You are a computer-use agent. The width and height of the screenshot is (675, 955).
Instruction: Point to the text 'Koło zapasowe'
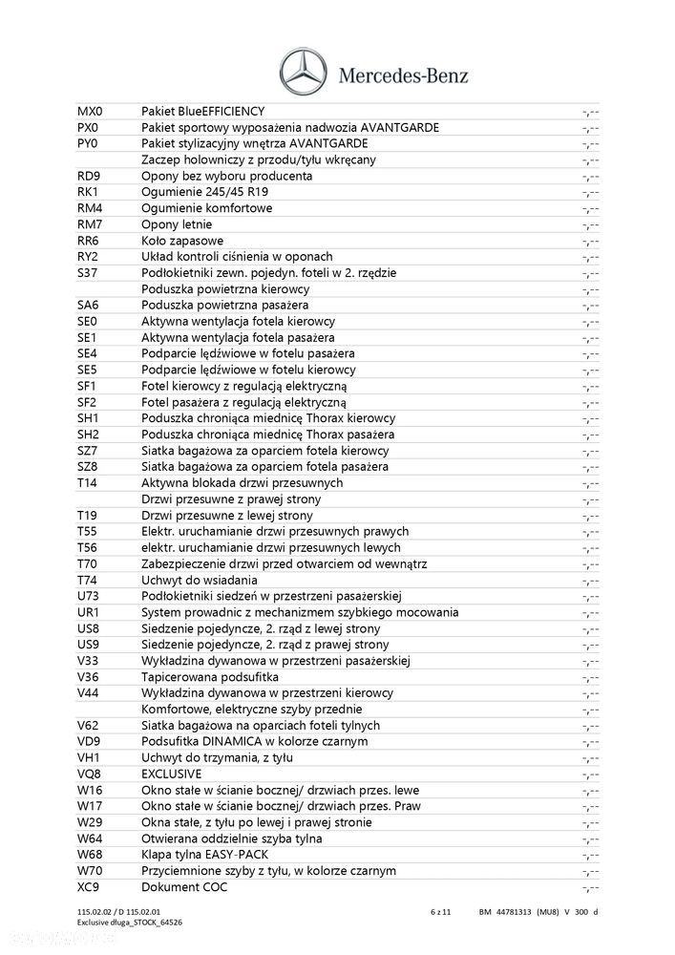coord(182,241)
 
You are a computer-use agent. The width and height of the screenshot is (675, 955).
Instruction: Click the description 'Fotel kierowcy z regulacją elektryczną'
coord(244,386)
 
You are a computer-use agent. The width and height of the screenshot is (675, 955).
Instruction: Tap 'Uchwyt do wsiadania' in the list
coord(200,580)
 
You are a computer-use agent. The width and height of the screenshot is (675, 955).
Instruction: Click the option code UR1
coord(89,612)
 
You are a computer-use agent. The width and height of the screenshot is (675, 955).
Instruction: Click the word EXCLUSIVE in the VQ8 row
coord(172,774)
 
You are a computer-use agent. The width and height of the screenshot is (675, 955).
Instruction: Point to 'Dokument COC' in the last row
coord(183,887)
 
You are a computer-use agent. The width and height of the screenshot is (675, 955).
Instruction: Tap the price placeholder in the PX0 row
coord(590,128)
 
